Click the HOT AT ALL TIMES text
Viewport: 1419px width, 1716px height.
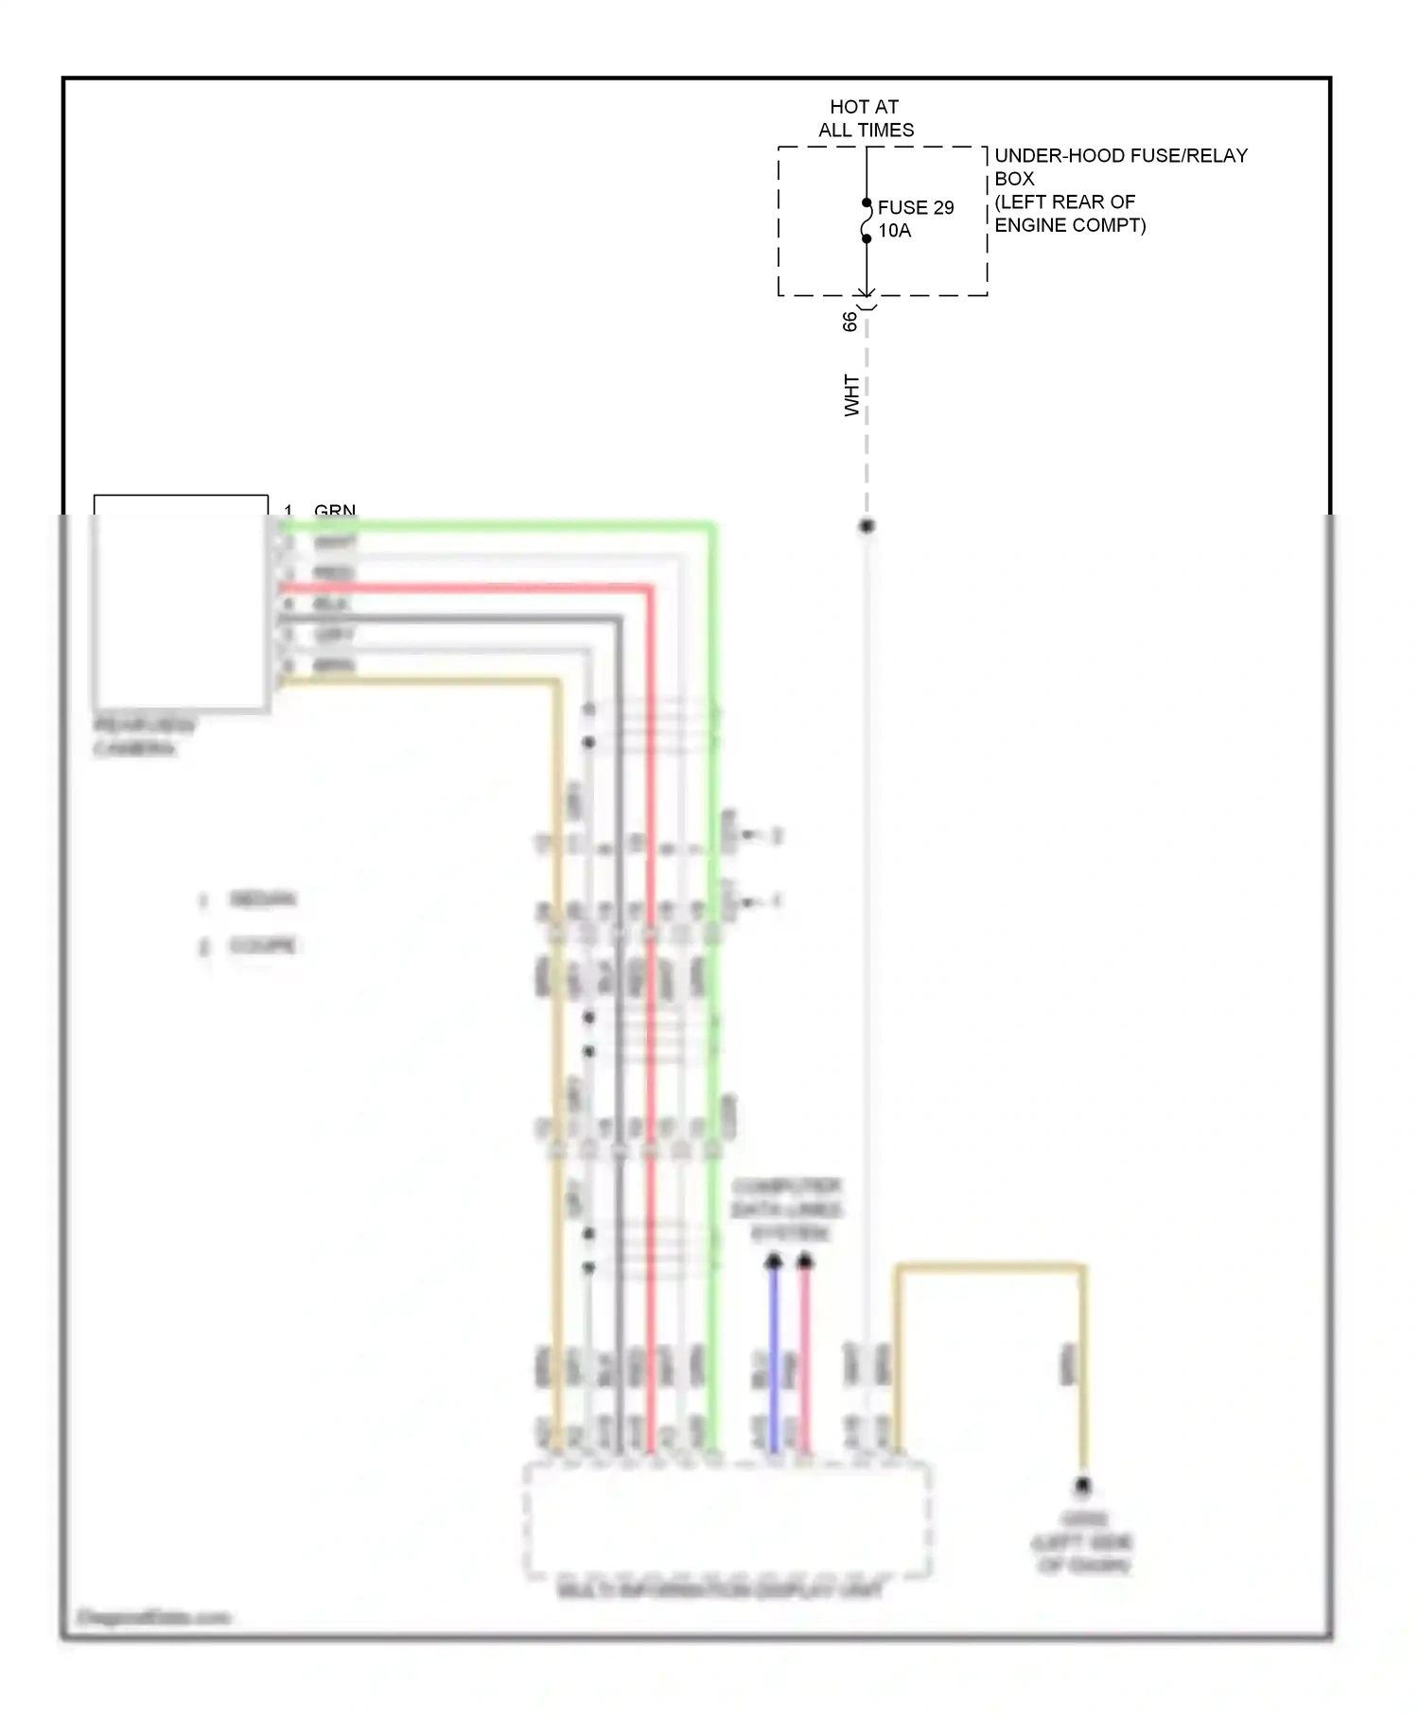pos(865,118)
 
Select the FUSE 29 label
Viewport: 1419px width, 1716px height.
pos(915,207)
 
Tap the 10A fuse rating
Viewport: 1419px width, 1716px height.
pos(894,231)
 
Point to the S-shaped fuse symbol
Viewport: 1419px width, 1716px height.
pos(866,221)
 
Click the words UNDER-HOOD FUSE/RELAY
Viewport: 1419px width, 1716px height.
pos(1120,155)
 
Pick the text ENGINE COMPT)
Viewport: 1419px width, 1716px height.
pos(1069,225)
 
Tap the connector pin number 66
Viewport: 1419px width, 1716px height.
pos(850,322)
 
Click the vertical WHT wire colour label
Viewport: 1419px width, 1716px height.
pos(851,395)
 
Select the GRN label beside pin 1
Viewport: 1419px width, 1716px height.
pos(335,511)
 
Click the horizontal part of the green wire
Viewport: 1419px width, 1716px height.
pos(492,526)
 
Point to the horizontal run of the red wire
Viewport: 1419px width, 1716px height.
pos(464,588)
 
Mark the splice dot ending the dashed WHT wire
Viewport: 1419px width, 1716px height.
pos(866,526)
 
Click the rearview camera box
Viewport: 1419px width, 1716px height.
pos(180,605)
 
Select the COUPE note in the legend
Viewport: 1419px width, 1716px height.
pos(262,946)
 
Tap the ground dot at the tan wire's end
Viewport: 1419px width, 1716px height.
pos(1082,1486)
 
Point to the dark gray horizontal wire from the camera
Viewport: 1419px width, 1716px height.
pos(445,620)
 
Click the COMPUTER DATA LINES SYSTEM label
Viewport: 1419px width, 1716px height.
pos(787,1210)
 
